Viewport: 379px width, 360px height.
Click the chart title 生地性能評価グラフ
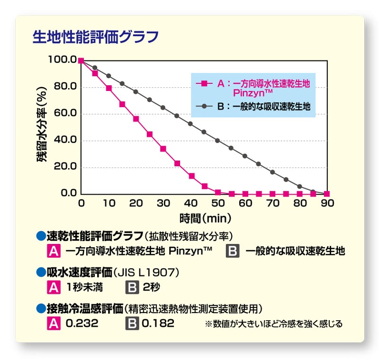coord(95,36)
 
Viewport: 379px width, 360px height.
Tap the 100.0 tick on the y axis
coord(62,60)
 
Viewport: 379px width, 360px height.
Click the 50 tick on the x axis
coord(218,203)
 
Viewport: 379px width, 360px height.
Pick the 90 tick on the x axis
coord(327,203)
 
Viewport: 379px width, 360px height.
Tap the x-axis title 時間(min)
coord(205,218)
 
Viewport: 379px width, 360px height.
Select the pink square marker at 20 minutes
coord(136,118)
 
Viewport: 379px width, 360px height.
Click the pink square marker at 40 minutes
coord(191,176)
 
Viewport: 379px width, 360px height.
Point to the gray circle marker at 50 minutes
coord(217,140)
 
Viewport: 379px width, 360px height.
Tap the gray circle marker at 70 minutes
coord(272,172)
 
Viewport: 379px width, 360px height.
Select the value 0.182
coord(158,324)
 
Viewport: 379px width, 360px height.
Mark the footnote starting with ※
coord(273,324)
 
